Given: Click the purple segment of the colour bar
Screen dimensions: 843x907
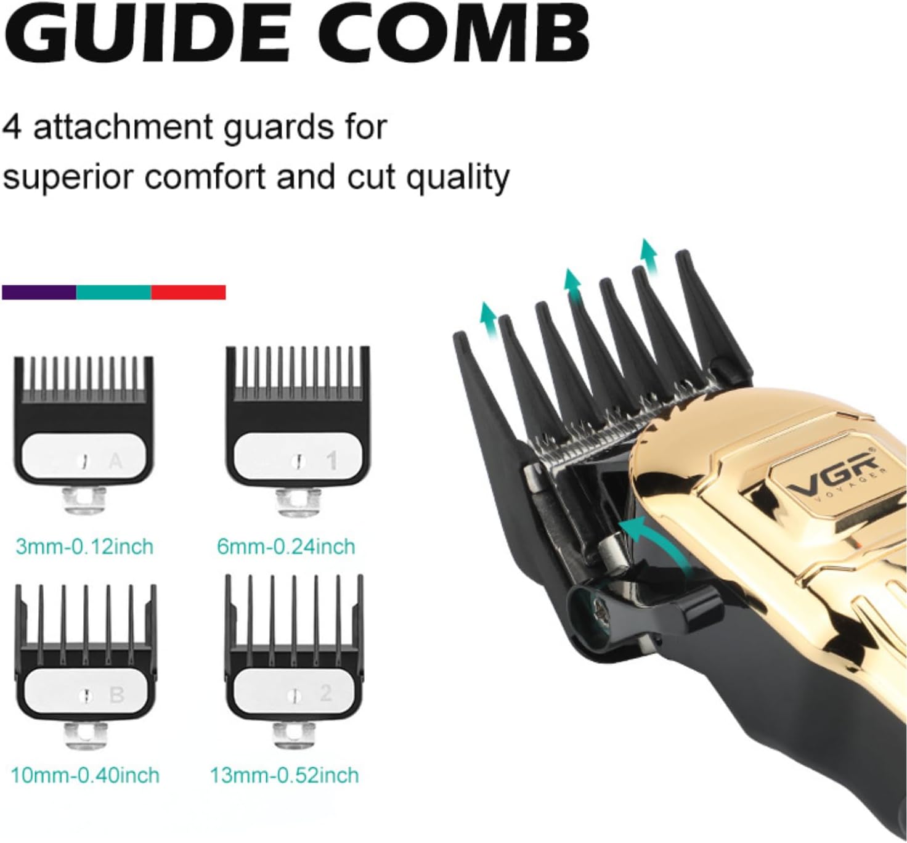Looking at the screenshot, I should coord(39,292).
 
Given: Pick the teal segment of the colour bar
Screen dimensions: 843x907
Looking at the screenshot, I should coord(113,292).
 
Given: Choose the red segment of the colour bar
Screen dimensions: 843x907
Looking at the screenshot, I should coord(189,292).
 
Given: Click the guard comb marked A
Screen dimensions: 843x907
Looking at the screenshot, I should coord(84,425).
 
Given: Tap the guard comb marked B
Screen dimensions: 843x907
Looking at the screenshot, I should coord(86,653).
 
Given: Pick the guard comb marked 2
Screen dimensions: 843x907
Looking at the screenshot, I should coord(295,653).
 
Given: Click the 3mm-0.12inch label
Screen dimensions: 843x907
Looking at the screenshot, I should coord(84,547).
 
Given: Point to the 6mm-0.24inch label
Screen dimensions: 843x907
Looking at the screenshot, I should coord(286,547).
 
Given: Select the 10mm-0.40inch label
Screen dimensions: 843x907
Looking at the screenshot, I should coord(85,775).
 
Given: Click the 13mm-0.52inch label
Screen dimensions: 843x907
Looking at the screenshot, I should coord(284,775).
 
